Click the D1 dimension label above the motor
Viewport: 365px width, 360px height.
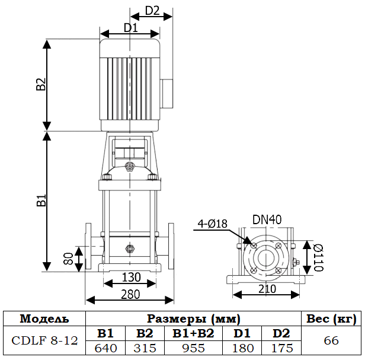coord(130,27)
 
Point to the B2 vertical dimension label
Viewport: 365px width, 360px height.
coord(41,84)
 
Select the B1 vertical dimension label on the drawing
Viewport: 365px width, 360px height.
coord(41,200)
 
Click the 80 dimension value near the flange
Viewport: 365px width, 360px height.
coord(69,258)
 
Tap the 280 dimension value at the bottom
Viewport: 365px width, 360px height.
coord(130,294)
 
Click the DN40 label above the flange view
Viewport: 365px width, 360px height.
coord(267,219)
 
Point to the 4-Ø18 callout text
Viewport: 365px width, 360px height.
coord(213,224)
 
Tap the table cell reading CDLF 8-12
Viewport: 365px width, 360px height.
coord(44,340)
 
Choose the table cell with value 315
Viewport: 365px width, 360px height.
coord(145,348)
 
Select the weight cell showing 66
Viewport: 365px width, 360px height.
coord(331,340)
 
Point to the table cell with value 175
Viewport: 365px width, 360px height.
coord(282,348)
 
